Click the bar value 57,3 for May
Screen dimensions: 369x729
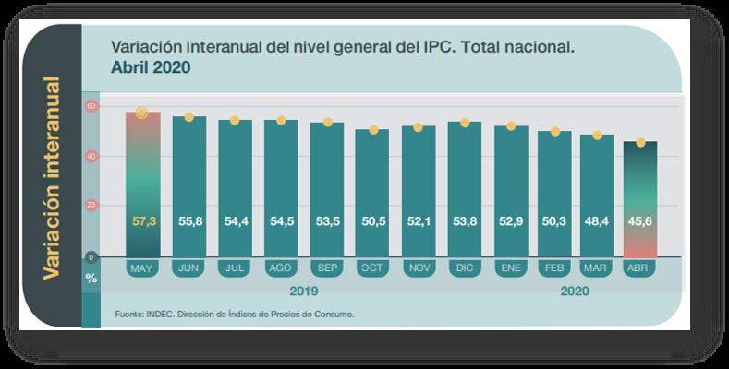(x=142, y=222)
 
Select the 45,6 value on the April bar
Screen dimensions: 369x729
(x=641, y=222)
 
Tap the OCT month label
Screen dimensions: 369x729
(x=373, y=268)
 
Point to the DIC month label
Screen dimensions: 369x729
(x=465, y=268)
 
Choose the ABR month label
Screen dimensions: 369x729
(x=638, y=268)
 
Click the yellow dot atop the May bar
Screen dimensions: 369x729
(x=142, y=113)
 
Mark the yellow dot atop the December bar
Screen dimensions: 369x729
(x=465, y=123)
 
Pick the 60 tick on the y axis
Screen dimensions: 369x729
(x=91, y=107)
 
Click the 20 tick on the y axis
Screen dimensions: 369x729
(x=91, y=207)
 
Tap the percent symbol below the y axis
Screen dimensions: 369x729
(x=91, y=277)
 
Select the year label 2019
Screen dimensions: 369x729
(x=303, y=291)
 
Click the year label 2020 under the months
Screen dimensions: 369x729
(x=573, y=291)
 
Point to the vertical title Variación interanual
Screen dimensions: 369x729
(x=53, y=178)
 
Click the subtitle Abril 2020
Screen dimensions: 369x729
(x=151, y=67)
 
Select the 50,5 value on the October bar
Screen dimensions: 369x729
(x=373, y=222)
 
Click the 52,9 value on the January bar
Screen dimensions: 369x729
(x=511, y=222)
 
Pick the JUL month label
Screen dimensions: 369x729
(x=235, y=268)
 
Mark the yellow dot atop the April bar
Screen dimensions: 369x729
(x=641, y=143)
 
